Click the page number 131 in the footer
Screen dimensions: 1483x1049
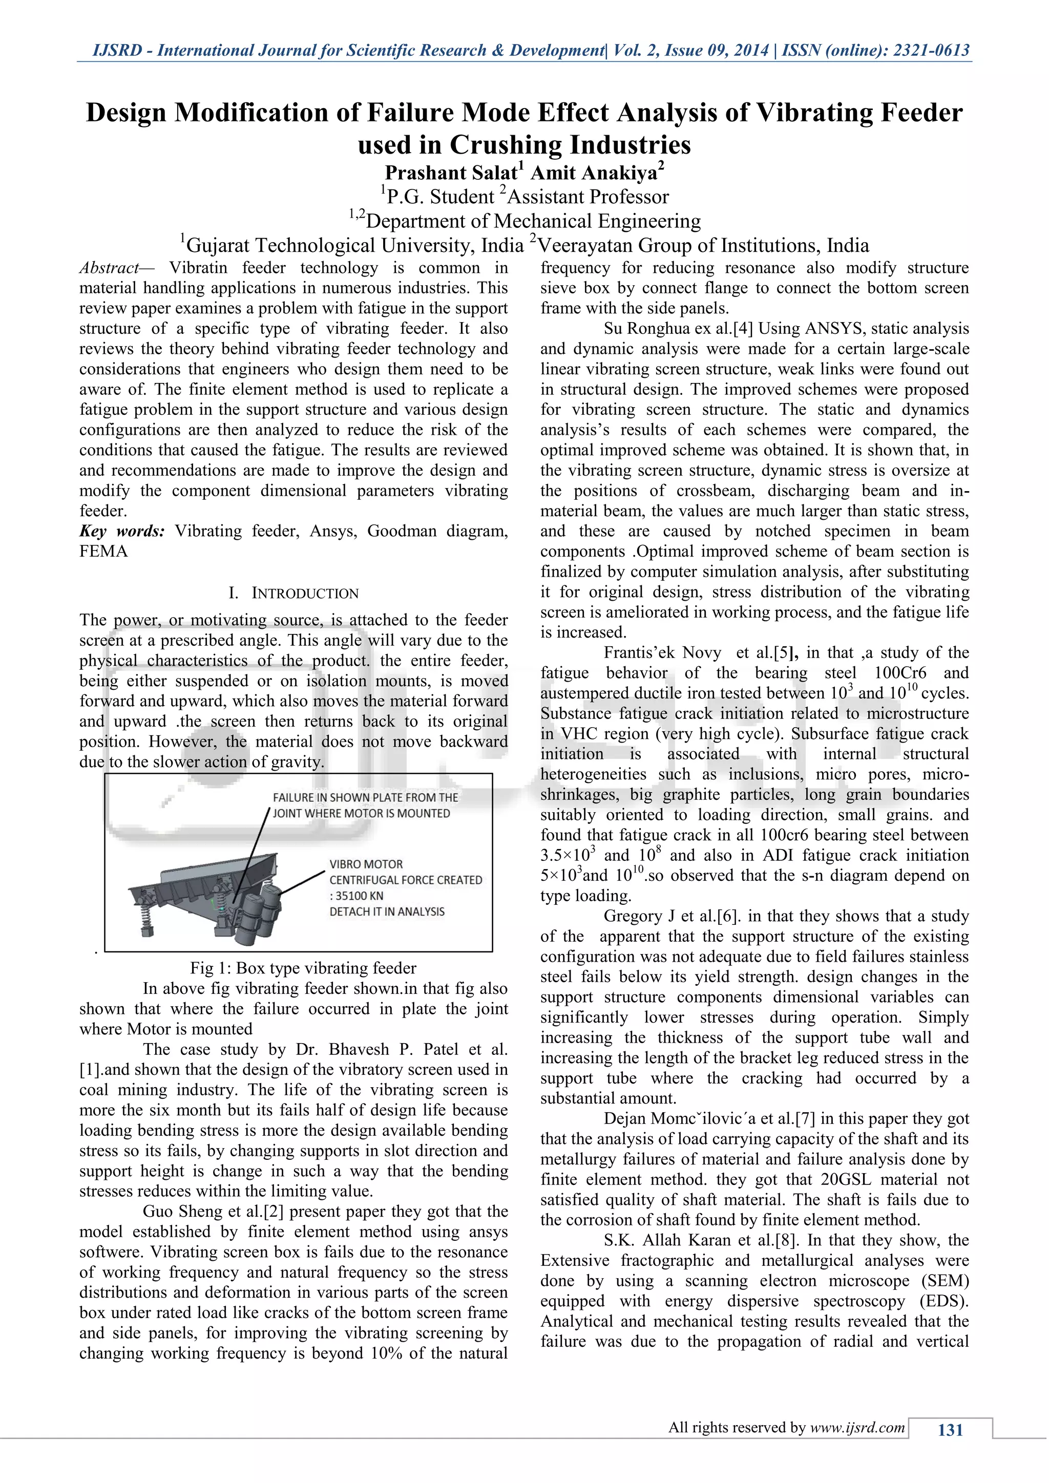click(950, 1429)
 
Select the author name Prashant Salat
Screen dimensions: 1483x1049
click(451, 173)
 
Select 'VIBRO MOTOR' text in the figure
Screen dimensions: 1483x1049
click(366, 864)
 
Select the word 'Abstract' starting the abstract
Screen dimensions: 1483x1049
click(109, 268)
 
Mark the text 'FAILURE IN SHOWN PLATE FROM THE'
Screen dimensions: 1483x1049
click(365, 798)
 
